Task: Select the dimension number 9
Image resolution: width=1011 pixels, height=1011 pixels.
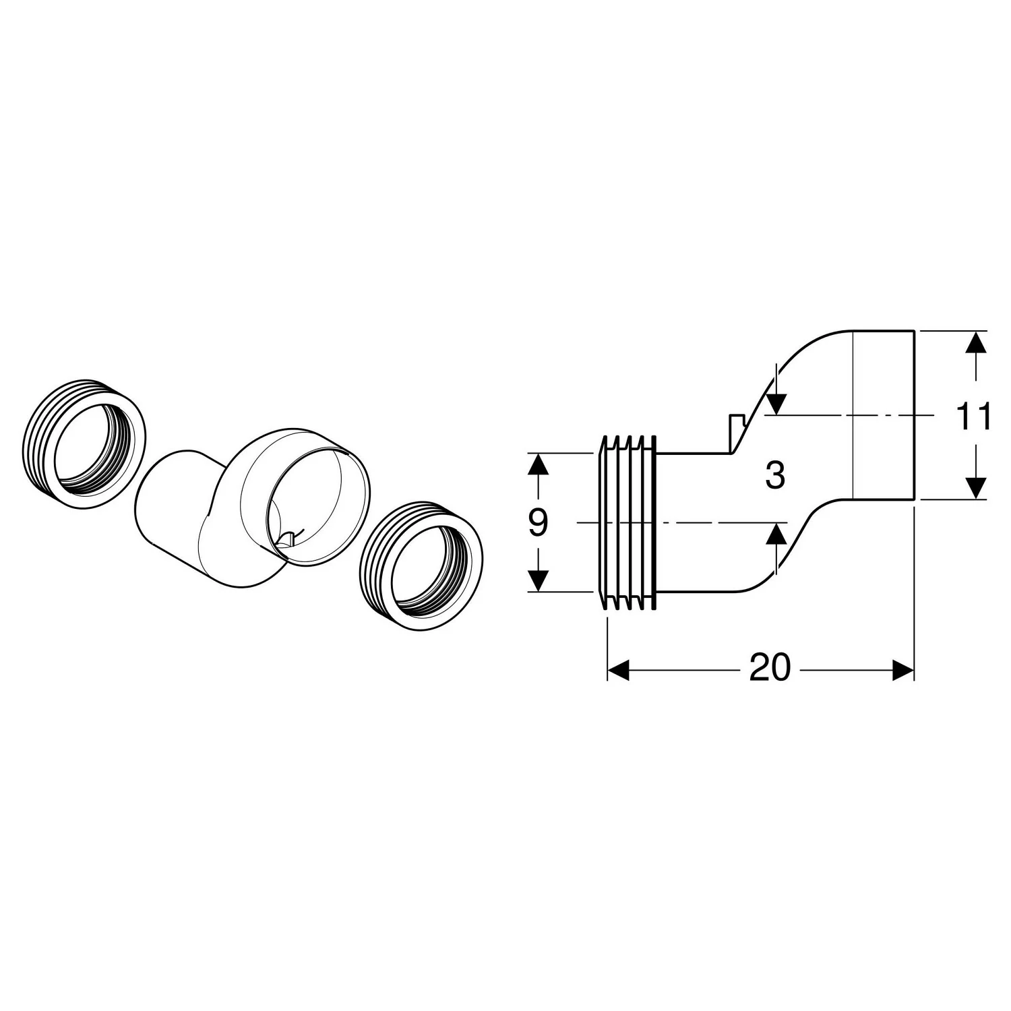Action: pyautogui.click(x=537, y=523)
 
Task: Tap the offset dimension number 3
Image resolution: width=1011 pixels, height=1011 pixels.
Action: pyautogui.click(x=776, y=477)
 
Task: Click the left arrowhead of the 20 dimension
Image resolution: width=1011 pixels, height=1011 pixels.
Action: pyautogui.click(x=618, y=669)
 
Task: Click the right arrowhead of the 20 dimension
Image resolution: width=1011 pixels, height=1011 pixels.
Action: pyautogui.click(x=903, y=669)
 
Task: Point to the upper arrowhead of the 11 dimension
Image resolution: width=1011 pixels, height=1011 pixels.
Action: pyautogui.click(x=975, y=342)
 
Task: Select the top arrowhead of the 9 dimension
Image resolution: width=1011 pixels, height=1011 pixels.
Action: pyautogui.click(x=537, y=464)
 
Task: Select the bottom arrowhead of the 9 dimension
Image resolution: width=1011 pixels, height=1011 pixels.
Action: pyautogui.click(x=537, y=580)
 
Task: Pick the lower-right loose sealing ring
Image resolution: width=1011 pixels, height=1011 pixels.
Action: pyautogui.click(x=421, y=567)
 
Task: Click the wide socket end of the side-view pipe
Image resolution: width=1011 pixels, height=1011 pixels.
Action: pyautogui.click(x=884, y=415)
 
